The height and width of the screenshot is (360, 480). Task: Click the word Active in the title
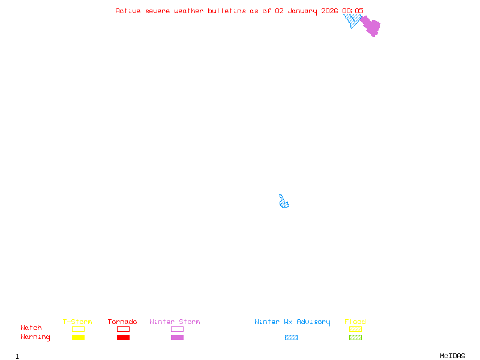(128, 11)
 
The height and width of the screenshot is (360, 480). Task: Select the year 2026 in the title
(329, 11)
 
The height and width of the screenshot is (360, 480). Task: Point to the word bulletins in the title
(226, 11)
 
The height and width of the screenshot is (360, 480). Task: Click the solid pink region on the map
(371, 26)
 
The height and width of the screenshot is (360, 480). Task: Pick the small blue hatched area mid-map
(284, 203)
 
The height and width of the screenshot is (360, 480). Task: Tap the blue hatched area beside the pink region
(353, 21)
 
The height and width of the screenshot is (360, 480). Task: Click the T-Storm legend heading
(77, 322)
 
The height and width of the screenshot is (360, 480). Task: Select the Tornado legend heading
(122, 322)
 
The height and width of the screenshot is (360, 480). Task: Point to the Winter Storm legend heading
(175, 322)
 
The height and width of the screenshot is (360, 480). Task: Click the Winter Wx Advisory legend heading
(292, 322)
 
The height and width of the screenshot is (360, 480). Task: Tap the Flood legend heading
(355, 322)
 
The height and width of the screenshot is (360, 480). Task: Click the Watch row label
(31, 328)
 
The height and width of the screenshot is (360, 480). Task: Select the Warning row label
(35, 337)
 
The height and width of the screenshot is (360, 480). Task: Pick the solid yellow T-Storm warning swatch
(78, 337)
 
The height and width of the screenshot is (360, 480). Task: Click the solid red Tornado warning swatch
(123, 337)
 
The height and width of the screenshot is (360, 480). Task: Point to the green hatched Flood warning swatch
(355, 337)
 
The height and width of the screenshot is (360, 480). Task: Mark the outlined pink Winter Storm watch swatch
(177, 329)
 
